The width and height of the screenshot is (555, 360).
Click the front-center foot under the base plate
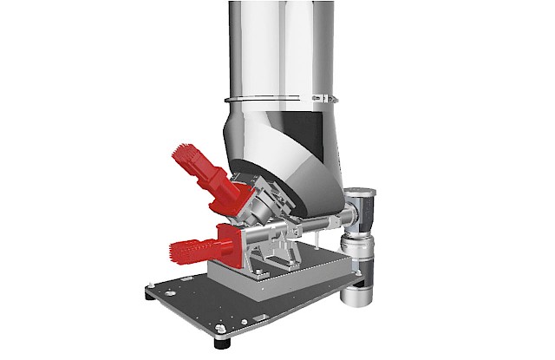(x=228, y=341)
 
